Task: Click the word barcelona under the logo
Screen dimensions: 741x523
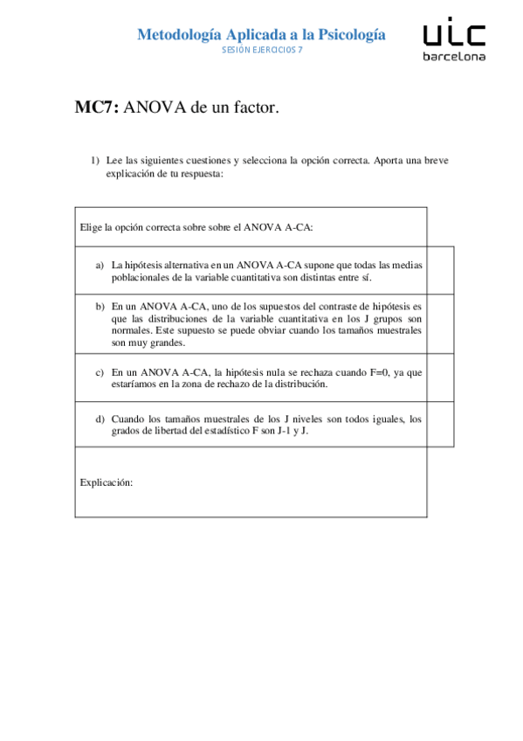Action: [454, 57]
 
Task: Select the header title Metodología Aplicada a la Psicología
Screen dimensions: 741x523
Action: [261, 34]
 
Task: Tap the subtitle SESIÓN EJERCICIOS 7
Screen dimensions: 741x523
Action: [262, 50]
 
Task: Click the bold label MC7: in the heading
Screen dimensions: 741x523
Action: [98, 108]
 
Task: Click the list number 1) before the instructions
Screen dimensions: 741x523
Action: [96, 161]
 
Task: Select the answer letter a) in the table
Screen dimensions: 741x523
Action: [100, 263]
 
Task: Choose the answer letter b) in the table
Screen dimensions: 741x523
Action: [100, 307]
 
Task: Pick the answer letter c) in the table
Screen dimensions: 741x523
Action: [100, 371]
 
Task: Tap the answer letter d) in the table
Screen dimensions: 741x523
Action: [100, 419]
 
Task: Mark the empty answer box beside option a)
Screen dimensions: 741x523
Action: [440, 270]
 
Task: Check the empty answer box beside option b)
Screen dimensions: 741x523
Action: [440, 323]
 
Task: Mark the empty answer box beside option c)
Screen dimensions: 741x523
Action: [440, 377]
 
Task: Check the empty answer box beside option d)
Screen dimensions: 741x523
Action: [440, 424]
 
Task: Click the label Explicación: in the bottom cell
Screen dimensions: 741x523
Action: [106, 481]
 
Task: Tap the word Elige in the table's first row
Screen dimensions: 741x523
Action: [91, 227]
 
